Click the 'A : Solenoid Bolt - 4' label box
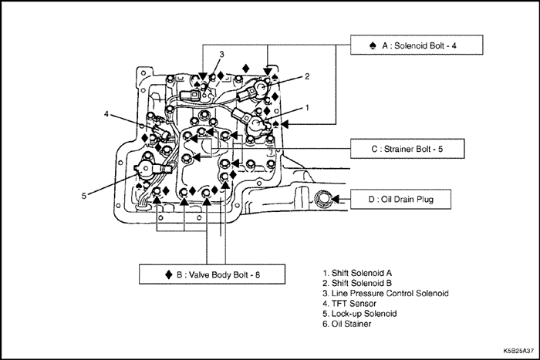click(417, 45)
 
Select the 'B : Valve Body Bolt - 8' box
click(212, 274)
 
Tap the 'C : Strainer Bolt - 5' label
click(407, 149)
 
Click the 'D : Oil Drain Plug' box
click(400, 199)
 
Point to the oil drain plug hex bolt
click(322, 199)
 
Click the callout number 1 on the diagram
click(307, 108)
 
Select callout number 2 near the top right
click(307, 76)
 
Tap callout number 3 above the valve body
click(222, 55)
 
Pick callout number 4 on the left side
click(106, 113)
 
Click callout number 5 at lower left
click(84, 196)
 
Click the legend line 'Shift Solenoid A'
click(357, 273)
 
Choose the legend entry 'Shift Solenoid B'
click(357, 283)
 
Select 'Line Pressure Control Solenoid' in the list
click(386, 293)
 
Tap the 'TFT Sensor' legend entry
click(349, 304)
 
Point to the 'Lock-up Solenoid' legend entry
click(359, 314)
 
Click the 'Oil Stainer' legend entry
click(347, 324)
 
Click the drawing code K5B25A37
click(518, 351)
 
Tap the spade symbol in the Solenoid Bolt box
click(373, 45)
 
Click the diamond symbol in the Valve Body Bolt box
click(169, 274)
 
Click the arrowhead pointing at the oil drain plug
click(335, 199)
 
